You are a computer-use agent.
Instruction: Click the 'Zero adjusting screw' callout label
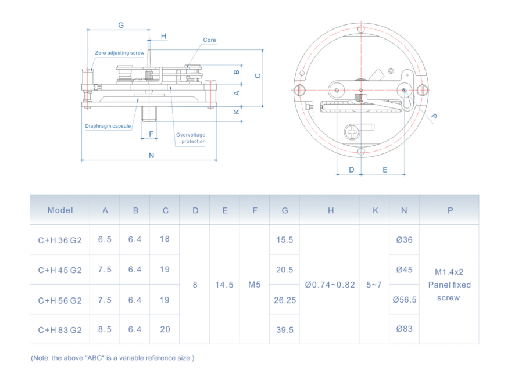pos(119,53)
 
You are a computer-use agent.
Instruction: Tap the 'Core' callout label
pos(209,40)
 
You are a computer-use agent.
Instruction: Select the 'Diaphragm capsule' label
pos(108,126)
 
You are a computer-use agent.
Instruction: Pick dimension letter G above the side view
pos(121,25)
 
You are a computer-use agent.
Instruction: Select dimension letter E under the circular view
pos(385,170)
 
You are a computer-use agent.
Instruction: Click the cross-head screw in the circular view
pos(354,132)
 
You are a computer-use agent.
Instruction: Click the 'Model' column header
pos(60,210)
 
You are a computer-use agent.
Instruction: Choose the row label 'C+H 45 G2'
pos(60,270)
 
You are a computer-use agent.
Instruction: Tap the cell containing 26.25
pos(285,300)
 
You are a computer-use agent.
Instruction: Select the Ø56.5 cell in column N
pos(405,300)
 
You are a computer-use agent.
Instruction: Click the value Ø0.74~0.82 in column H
pos(330,285)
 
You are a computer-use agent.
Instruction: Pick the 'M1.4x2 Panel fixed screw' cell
pos(449,285)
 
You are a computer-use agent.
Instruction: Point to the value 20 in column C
pos(165,329)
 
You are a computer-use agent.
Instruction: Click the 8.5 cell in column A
pos(105,329)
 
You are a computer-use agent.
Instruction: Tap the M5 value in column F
pos(254,285)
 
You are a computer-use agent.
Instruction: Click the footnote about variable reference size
pos(112,358)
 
